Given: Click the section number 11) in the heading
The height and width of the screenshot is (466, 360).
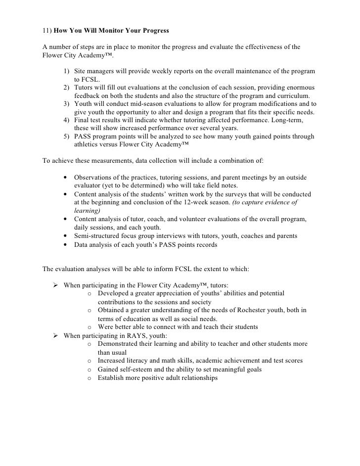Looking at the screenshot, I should click(x=47, y=31).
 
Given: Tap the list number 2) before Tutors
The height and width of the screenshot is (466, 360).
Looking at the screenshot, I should click(x=67, y=87).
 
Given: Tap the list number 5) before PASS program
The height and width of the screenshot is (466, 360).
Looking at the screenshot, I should click(x=67, y=137).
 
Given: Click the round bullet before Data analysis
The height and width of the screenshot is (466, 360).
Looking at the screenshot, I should click(x=66, y=244).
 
